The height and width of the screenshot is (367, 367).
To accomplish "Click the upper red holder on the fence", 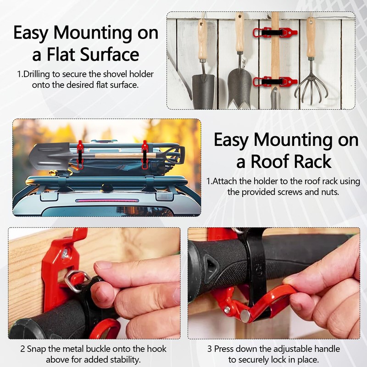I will tap(275, 32).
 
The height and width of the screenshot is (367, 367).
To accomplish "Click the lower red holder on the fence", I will tap(275, 82).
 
